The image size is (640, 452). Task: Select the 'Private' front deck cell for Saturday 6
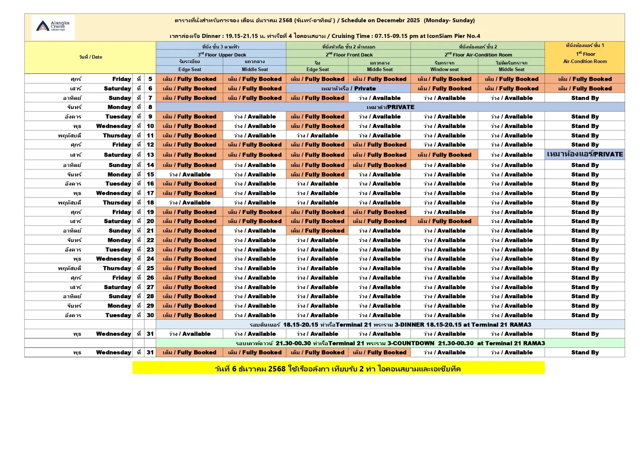tap(348, 89)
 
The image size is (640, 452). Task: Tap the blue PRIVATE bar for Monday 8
tap(390, 107)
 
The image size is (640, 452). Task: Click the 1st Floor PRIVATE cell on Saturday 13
tap(585, 155)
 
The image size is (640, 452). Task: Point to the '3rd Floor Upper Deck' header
tap(221, 55)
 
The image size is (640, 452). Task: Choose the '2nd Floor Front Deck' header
tap(349, 55)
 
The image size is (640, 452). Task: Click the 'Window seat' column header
tap(444, 70)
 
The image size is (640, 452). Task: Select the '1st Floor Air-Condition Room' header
tap(585, 57)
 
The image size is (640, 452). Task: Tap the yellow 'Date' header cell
tap(90, 57)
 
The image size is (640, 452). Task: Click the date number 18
tap(150, 203)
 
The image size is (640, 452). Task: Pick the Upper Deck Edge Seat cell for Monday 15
tap(189, 175)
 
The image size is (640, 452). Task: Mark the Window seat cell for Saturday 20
tap(444, 221)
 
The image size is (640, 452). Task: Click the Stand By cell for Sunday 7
tap(585, 98)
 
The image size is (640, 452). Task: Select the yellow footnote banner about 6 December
tap(338, 369)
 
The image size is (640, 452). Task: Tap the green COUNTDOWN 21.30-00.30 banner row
tap(390, 343)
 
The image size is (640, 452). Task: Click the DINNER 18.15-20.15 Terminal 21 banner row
tap(390, 325)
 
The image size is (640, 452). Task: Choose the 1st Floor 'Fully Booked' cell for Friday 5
tap(585, 79)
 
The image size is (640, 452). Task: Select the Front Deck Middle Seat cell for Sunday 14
tap(379, 165)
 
